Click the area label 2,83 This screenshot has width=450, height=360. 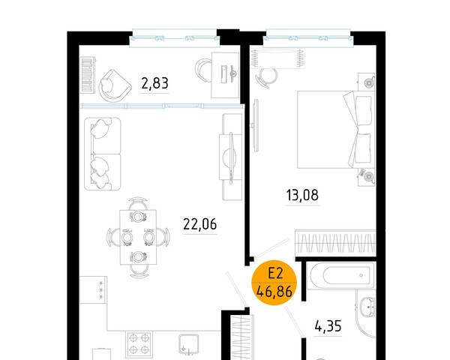pyautogui.click(x=154, y=83)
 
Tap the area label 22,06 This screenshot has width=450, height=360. pyautogui.click(x=200, y=224)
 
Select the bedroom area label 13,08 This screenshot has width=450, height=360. pyautogui.click(x=302, y=195)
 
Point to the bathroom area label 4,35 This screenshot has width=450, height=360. pyautogui.click(x=328, y=326)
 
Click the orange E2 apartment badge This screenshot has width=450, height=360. pyautogui.click(x=274, y=283)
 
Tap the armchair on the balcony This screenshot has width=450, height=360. pyautogui.click(x=114, y=85)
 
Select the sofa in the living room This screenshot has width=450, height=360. pyautogui.click(x=103, y=154)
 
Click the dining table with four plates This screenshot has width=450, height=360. pyautogui.click(x=138, y=237)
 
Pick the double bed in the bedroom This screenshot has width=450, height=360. pyautogui.click(x=336, y=130)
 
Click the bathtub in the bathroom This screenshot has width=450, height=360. pyautogui.click(x=341, y=275)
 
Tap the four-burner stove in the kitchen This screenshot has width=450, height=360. pyautogui.click(x=139, y=343)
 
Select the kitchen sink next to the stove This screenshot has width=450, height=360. pyautogui.click(x=188, y=344)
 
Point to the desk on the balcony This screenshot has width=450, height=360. pyautogui.click(x=225, y=75)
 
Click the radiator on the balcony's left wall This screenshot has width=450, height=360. pyautogui.click(x=88, y=75)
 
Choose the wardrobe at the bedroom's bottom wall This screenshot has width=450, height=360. pyautogui.click(x=335, y=243)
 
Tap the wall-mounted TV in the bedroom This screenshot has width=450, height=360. pyautogui.click(x=255, y=125)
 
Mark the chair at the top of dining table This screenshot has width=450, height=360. pyautogui.click(x=138, y=203)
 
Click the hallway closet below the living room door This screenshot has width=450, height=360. pyautogui.click(x=242, y=337)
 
